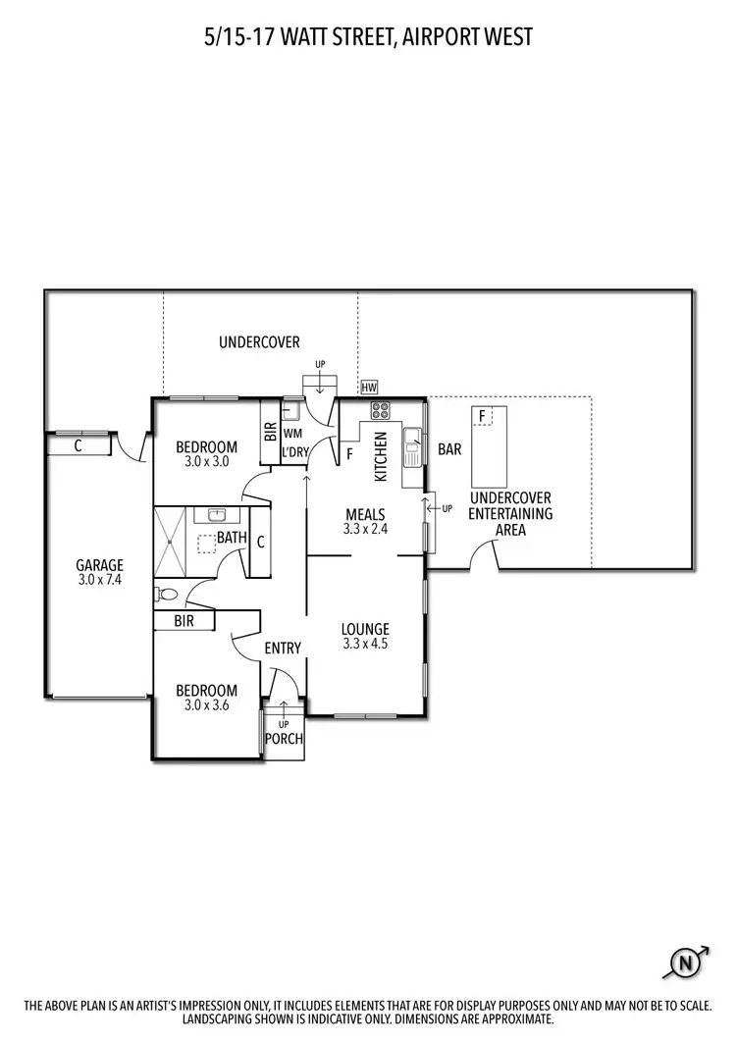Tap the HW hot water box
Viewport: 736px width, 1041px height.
click(x=369, y=388)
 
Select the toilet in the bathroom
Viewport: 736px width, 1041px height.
click(x=166, y=594)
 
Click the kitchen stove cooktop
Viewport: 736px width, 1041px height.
click(x=379, y=410)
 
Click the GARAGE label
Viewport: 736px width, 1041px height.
click(x=100, y=565)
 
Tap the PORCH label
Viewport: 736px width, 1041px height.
click(x=284, y=739)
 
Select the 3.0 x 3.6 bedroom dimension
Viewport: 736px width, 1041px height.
click(x=206, y=704)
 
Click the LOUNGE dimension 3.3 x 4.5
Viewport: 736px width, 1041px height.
click(x=365, y=645)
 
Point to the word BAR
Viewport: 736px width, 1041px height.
click(x=449, y=449)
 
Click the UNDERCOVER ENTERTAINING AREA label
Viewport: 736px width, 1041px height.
click(x=510, y=514)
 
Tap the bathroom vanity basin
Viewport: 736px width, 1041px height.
click(x=214, y=514)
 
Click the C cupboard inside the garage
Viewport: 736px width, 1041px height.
click(x=79, y=444)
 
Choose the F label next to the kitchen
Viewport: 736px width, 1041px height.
click(x=350, y=454)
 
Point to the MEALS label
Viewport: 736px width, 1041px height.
click(x=364, y=515)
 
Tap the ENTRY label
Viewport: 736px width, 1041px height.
click(x=283, y=648)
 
